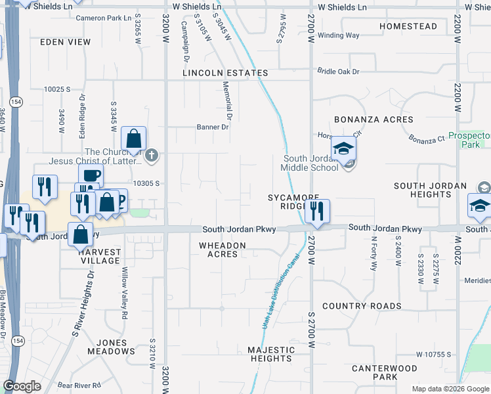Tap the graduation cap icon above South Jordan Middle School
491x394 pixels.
click(344, 148)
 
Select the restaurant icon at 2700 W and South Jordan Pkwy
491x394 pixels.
click(316, 211)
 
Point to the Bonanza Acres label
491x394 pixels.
click(374, 120)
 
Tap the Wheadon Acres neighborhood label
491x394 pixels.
click(223, 250)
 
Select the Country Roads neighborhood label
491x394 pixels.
click(362, 306)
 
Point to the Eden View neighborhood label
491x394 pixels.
click(65, 42)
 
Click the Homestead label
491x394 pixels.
click(408, 26)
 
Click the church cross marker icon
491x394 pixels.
click(152, 156)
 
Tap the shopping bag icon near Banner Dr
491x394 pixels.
click(133, 139)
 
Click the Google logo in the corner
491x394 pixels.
click(22, 386)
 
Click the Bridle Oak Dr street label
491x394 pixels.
click(339, 71)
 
